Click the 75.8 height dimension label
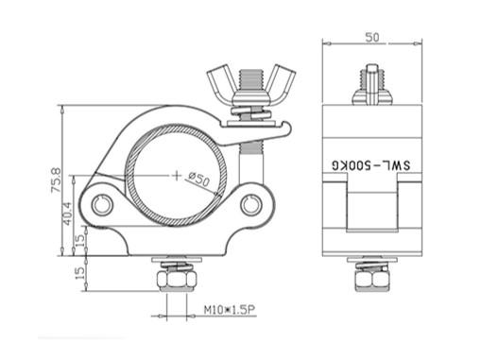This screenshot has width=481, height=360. click(56, 180)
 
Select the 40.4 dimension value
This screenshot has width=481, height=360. click(68, 214)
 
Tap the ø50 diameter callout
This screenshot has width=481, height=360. click(198, 180)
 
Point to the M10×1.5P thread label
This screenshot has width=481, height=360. click(229, 310)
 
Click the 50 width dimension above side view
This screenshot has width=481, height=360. click(372, 38)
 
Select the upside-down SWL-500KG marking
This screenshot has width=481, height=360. click(371, 165)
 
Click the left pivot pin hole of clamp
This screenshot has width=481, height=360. click(102, 205)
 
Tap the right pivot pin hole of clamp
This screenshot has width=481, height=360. click(251, 205)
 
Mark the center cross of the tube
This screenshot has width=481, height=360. click(177, 175)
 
